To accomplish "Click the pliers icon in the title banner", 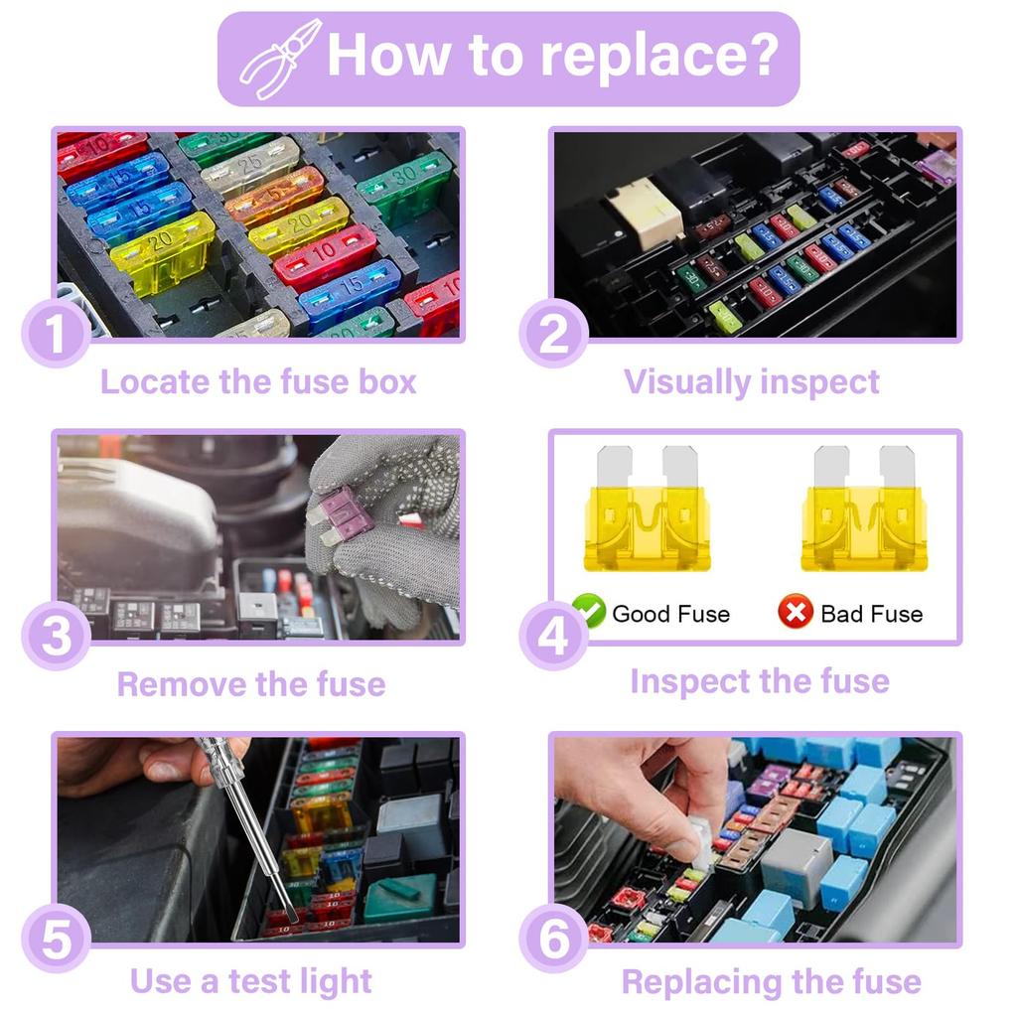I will pyautogui.click(x=280, y=58).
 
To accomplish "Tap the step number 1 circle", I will pyautogui.click(x=56, y=335).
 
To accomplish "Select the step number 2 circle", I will pyautogui.click(x=553, y=335).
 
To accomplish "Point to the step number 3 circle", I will pyautogui.click(x=56, y=637).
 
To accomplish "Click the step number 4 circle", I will pyautogui.click(x=553, y=637).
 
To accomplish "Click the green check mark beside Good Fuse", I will pyautogui.click(x=590, y=612).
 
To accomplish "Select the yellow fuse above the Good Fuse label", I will pyautogui.click(x=647, y=511).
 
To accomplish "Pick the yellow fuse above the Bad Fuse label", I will pyautogui.click(x=863, y=511).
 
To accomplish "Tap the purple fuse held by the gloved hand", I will pyautogui.click(x=345, y=514).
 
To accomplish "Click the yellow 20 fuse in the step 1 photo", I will pyautogui.click(x=162, y=250).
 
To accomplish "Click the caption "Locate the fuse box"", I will pyautogui.click(x=258, y=382).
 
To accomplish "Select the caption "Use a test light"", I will pyautogui.click(x=250, y=981).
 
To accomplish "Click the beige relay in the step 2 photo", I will pyautogui.click(x=646, y=212).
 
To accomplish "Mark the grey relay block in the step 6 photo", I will pyautogui.click(x=796, y=864).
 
